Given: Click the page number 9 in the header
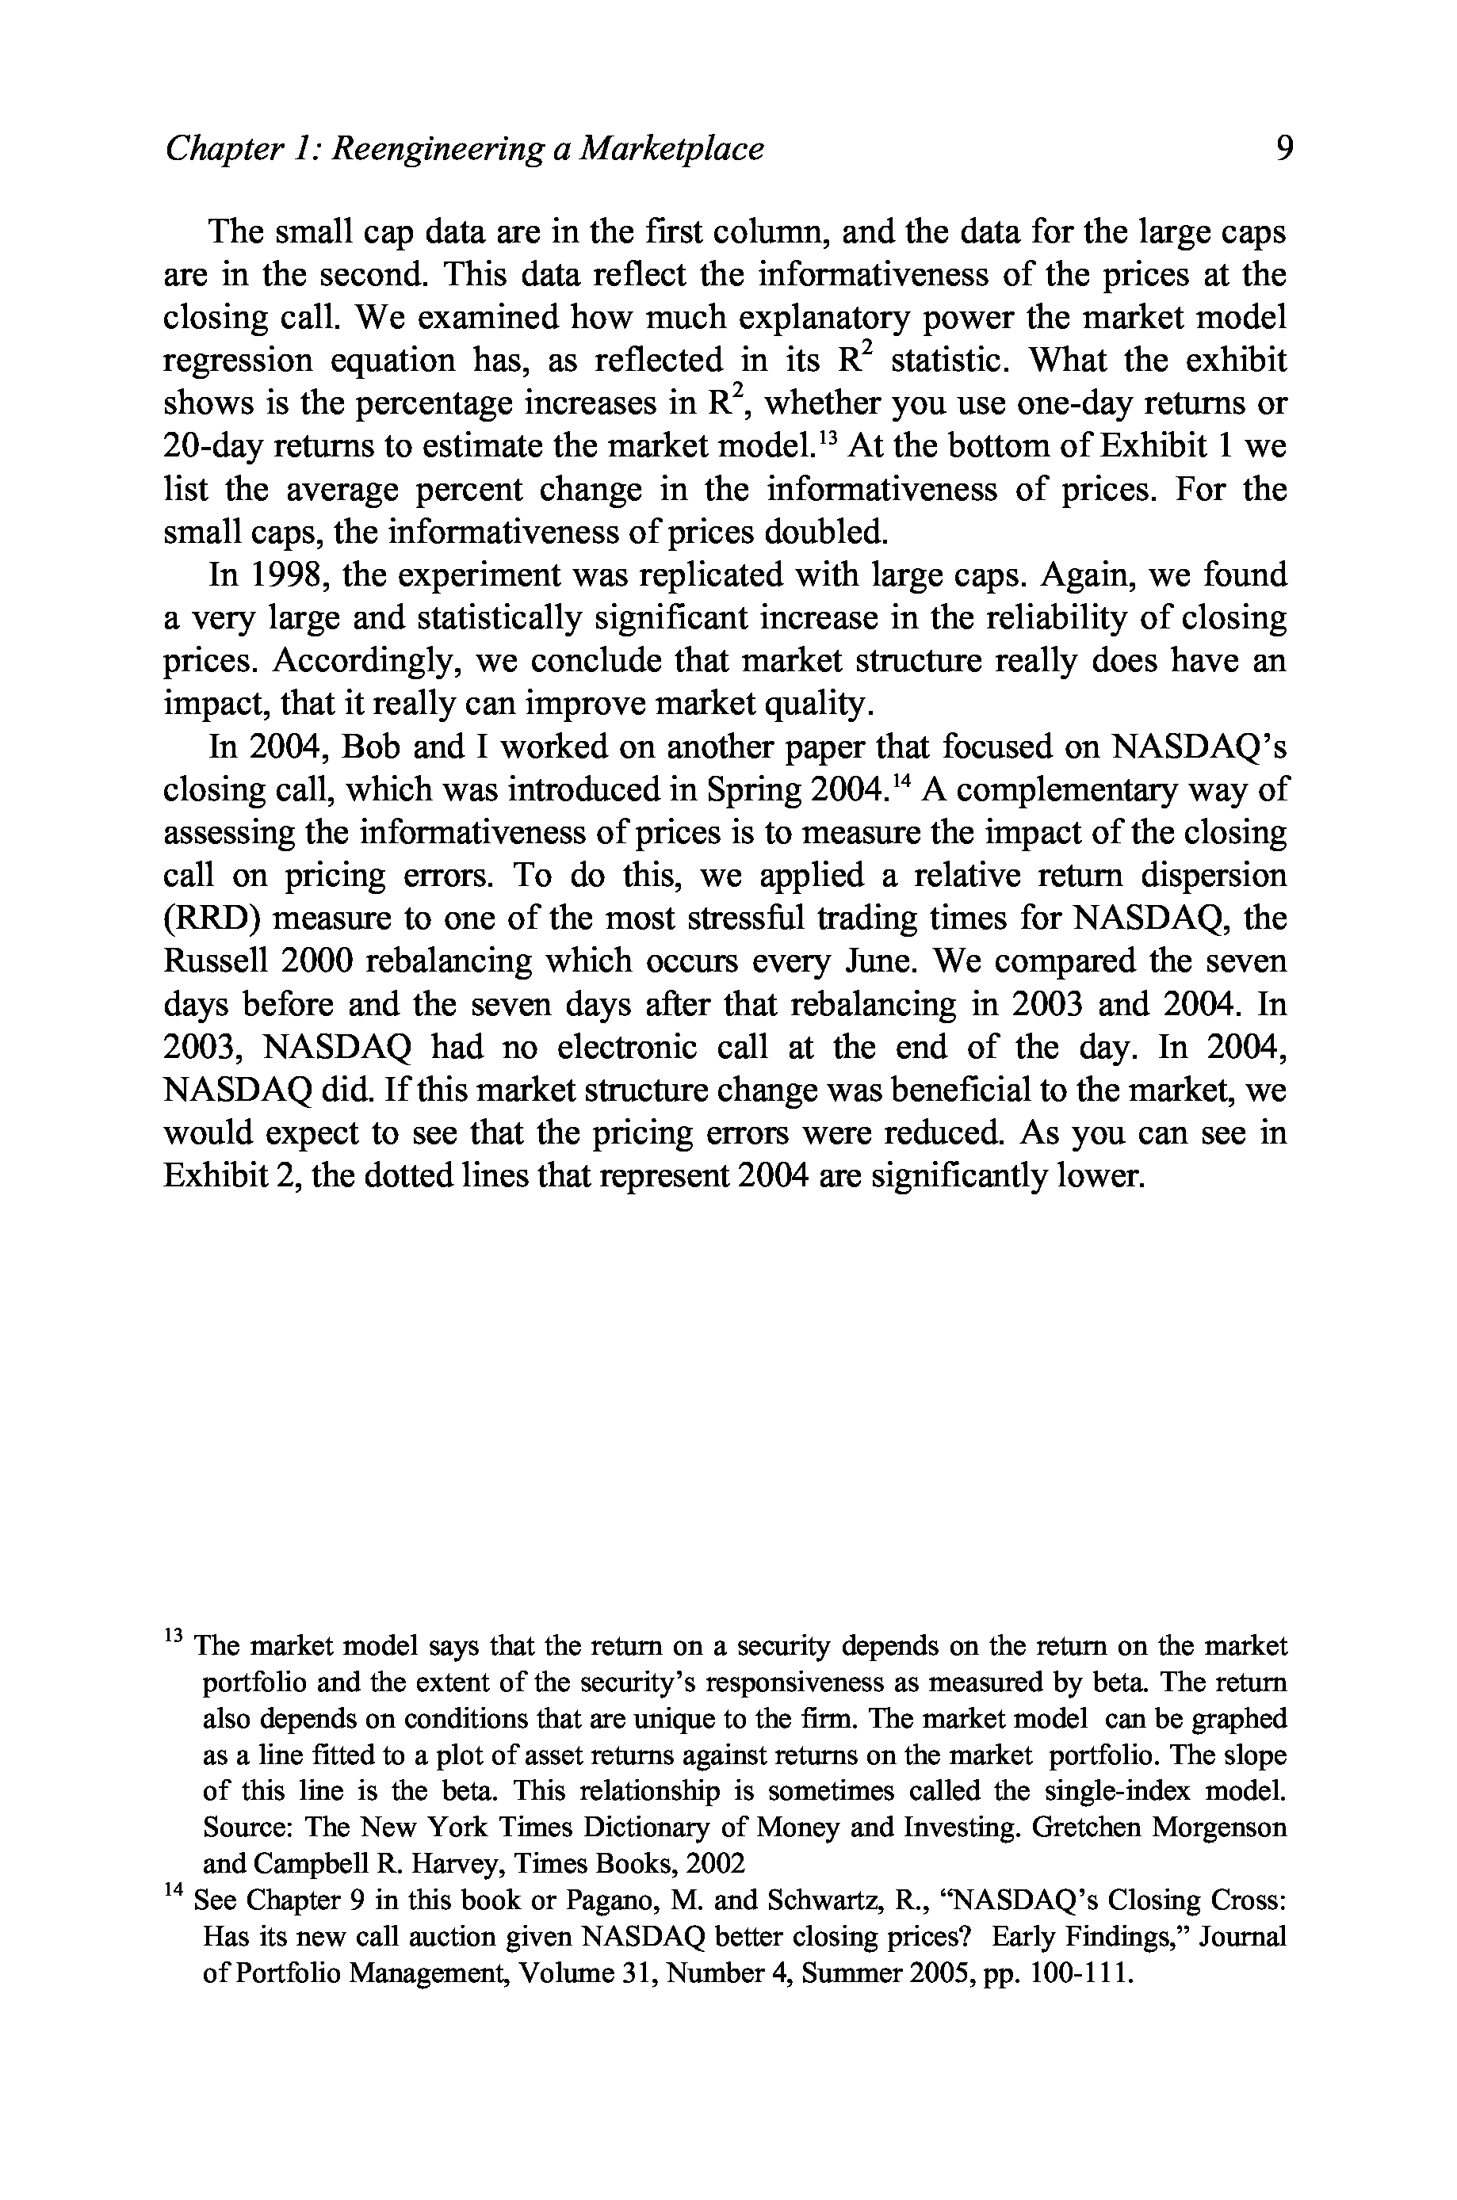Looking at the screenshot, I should [x=1285, y=149].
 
